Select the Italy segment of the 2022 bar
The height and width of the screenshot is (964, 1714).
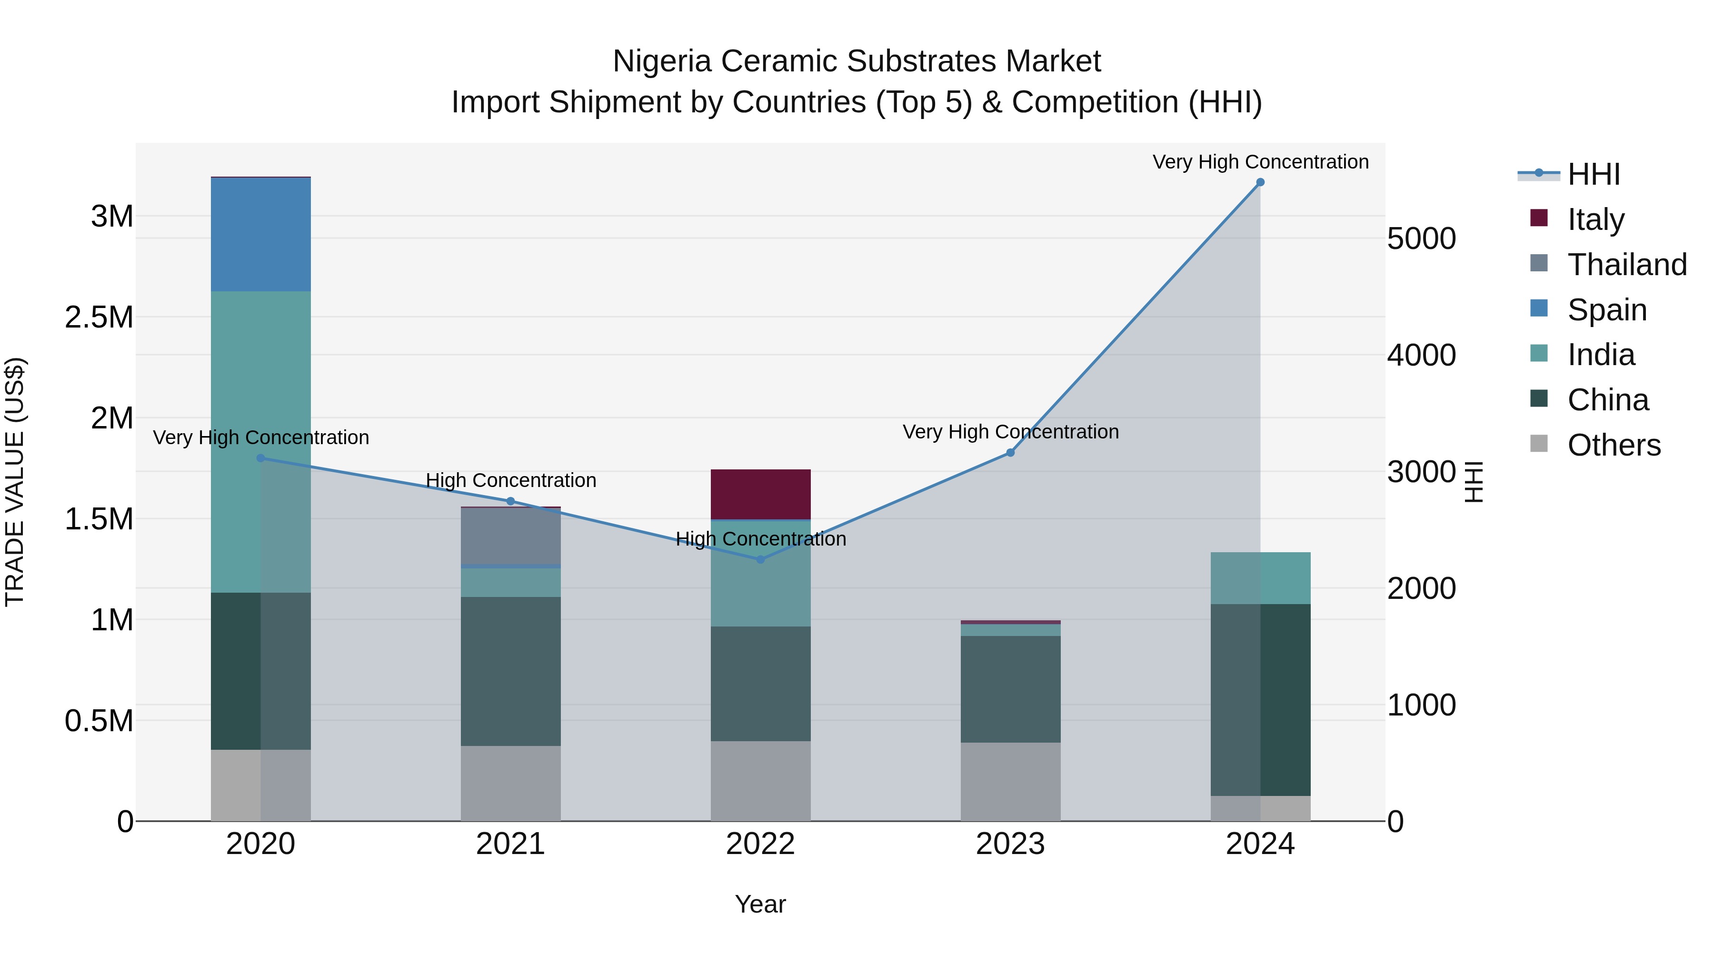click(x=760, y=494)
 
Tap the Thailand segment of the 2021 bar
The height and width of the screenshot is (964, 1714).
click(x=510, y=536)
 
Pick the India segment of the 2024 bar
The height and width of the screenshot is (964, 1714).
click(x=1260, y=577)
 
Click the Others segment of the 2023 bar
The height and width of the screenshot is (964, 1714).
click(x=1010, y=782)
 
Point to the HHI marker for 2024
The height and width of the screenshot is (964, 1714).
click(x=1260, y=182)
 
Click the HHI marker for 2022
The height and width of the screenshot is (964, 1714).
click(x=760, y=559)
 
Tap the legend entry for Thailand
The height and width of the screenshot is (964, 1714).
click(x=1626, y=265)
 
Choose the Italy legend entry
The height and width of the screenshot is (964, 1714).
click(x=1595, y=219)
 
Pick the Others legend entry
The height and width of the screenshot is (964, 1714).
click(x=1613, y=445)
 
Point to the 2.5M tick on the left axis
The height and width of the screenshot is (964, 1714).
click(x=99, y=318)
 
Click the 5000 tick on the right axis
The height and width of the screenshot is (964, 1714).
click(x=1421, y=239)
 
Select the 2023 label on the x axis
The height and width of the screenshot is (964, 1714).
click(x=1010, y=844)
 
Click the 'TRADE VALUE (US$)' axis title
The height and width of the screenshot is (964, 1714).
click(x=15, y=482)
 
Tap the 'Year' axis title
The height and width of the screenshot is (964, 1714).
click(x=760, y=904)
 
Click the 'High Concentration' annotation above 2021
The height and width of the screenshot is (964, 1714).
click(x=510, y=480)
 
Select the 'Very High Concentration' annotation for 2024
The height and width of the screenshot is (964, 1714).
click(x=1260, y=162)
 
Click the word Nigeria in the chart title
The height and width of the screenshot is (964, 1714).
click(x=662, y=61)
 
